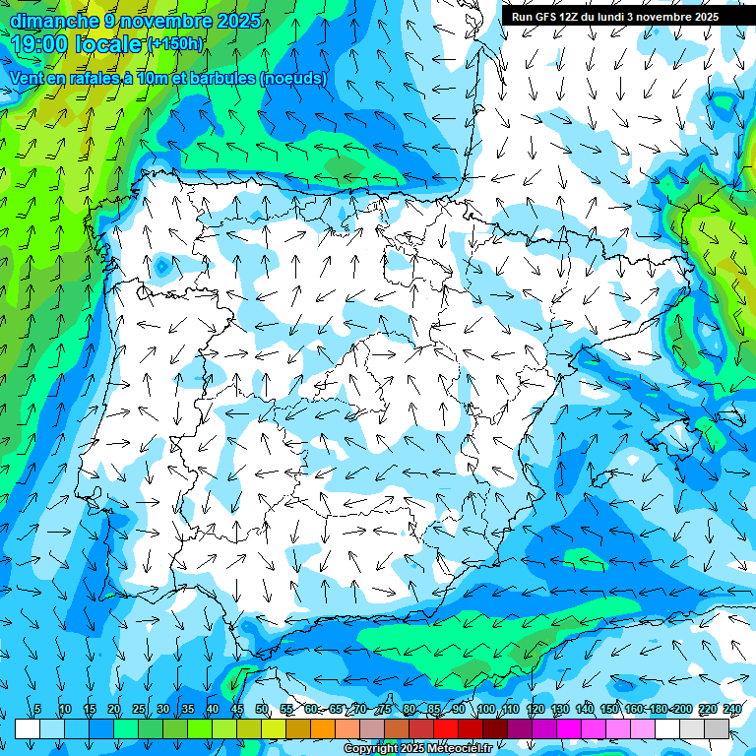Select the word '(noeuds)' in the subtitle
pos(293,78)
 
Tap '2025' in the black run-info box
pos(702,17)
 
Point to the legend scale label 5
pos(37,710)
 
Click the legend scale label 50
pos(262,710)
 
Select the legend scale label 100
pos(485,710)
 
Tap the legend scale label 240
pos(732,710)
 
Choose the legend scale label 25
pos(139,710)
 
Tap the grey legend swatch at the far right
pos(717,728)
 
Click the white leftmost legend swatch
pos(28,728)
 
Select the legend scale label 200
pos(683,710)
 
